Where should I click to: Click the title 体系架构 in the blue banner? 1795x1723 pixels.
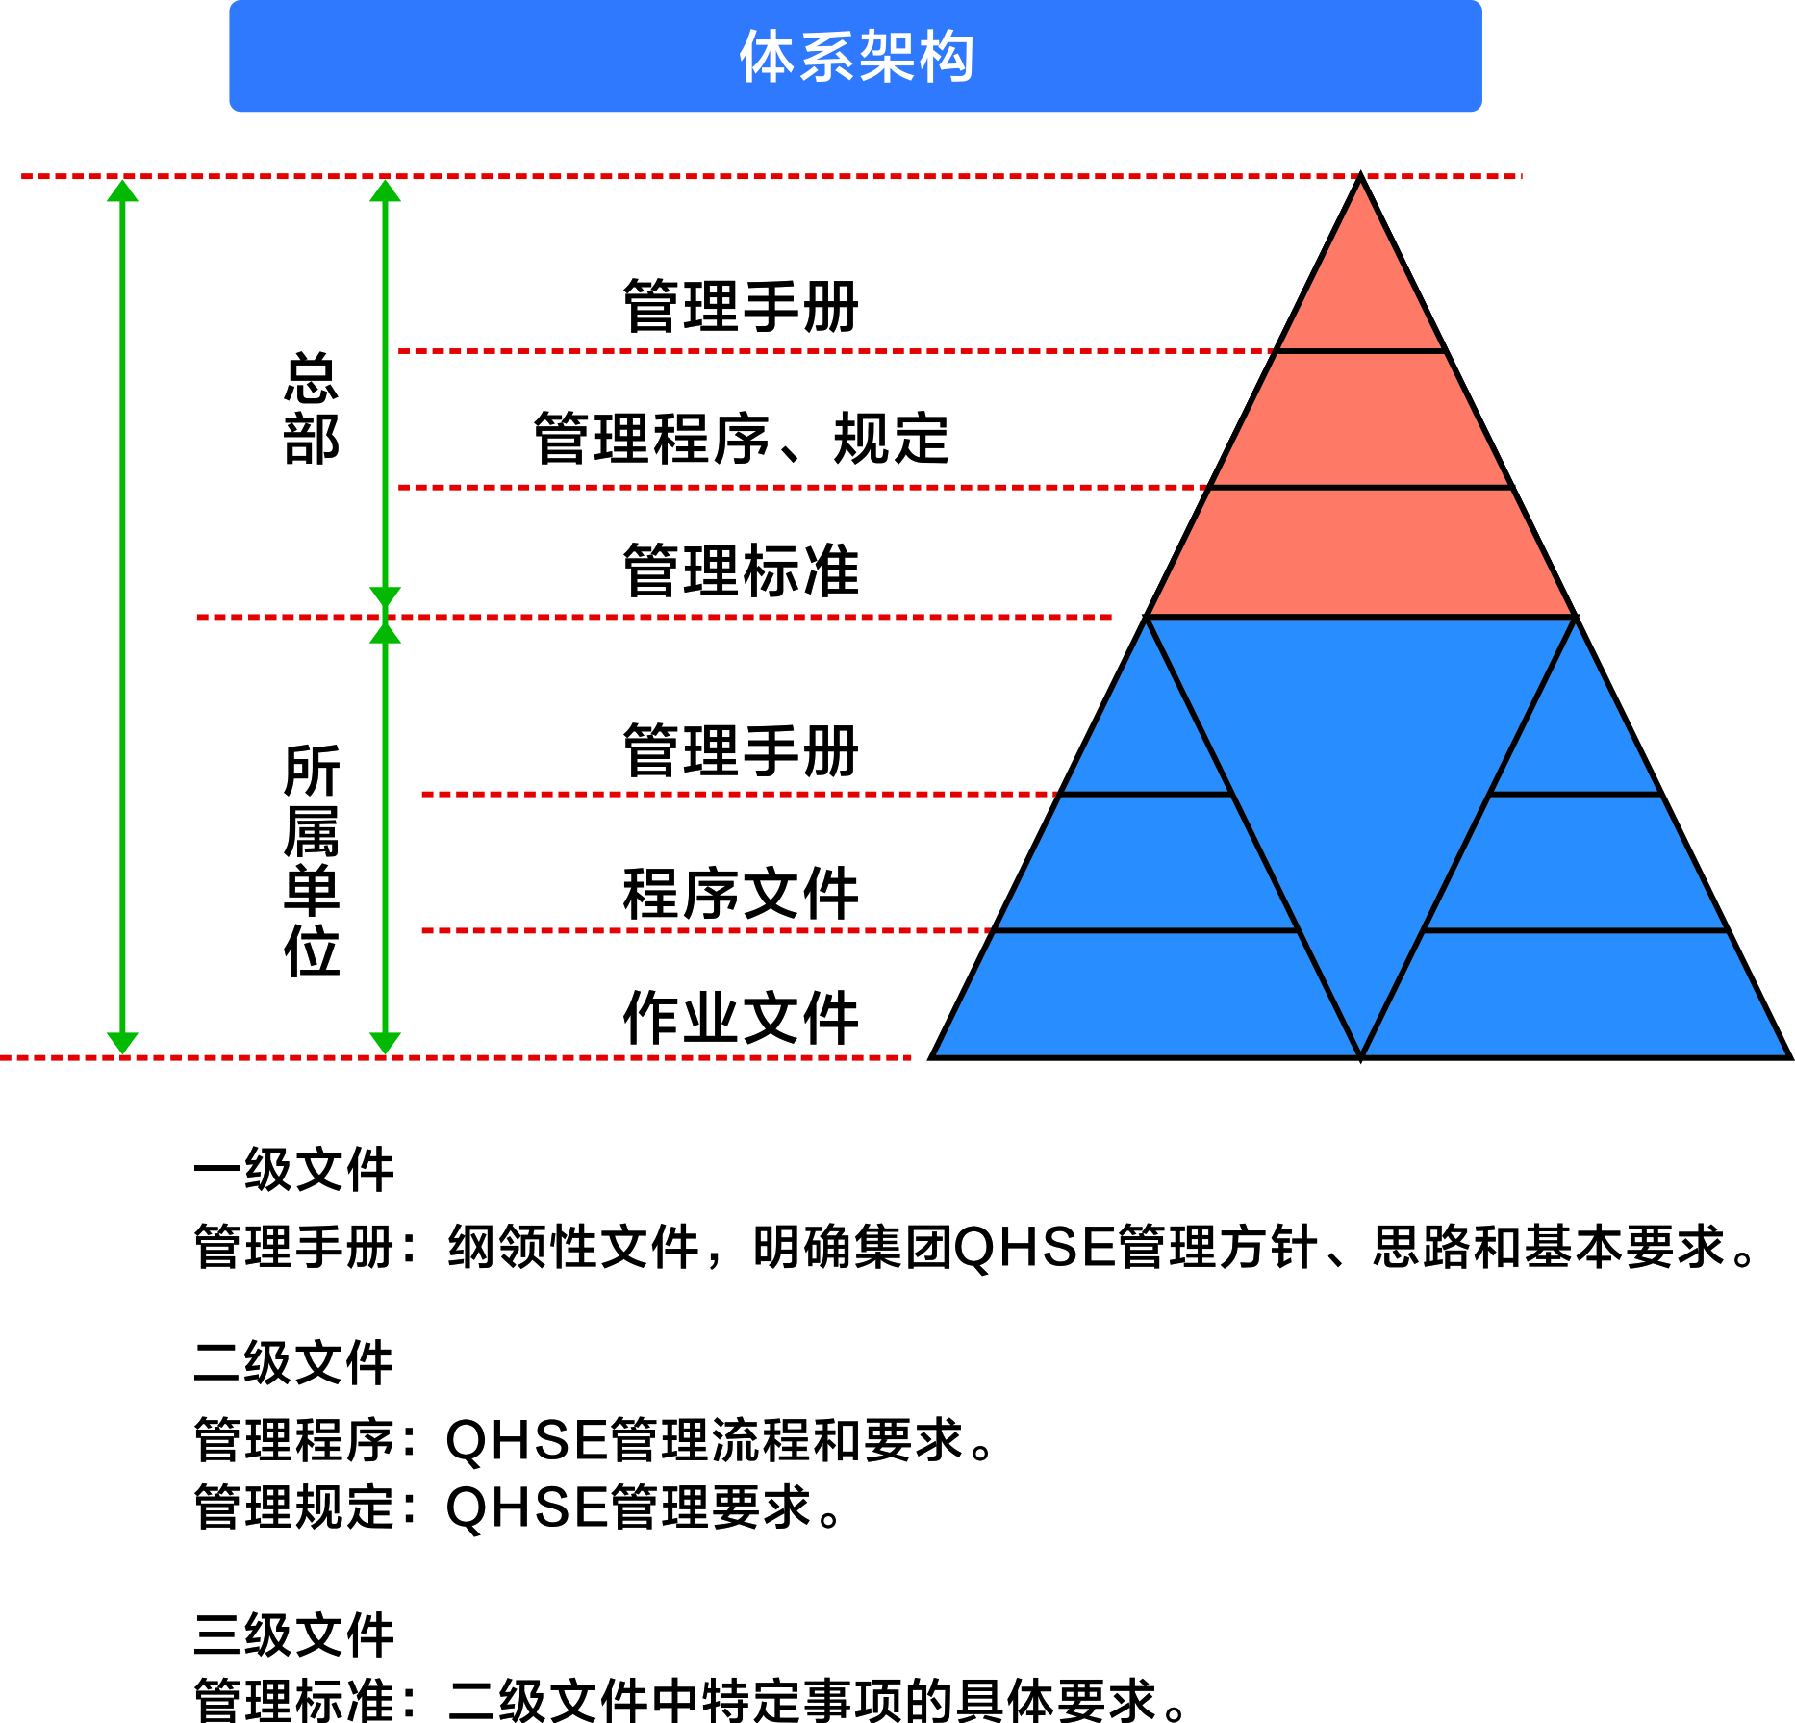click(x=856, y=56)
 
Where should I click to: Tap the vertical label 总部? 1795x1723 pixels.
click(x=312, y=409)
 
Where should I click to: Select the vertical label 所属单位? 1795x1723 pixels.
click(x=312, y=861)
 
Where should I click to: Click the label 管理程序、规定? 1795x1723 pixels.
click(x=741, y=439)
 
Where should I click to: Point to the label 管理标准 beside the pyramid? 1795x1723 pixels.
click(x=741, y=570)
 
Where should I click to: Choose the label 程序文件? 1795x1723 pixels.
click(x=741, y=894)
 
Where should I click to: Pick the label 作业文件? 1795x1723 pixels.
click(x=741, y=1018)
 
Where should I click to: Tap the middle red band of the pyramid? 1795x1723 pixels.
click(x=1360, y=419)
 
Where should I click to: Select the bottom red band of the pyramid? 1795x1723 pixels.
click(x=1360, y=552)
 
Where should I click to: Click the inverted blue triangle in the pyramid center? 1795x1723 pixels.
click(x=1360, y=770)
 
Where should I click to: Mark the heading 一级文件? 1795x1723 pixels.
click(x=293, y=1170)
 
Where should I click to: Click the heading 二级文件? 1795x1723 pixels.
click(x=293, y=1363)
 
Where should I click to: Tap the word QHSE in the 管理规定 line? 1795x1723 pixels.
click(x=526, y=1508)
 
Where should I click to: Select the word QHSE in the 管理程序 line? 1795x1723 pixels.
click(x=526, y=1441)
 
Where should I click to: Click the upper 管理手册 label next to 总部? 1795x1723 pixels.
click(x=741, y=306)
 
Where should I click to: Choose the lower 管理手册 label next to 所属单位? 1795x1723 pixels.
click(x=741, y=750)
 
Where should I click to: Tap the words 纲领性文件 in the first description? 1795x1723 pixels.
click(x=573, y=1247)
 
